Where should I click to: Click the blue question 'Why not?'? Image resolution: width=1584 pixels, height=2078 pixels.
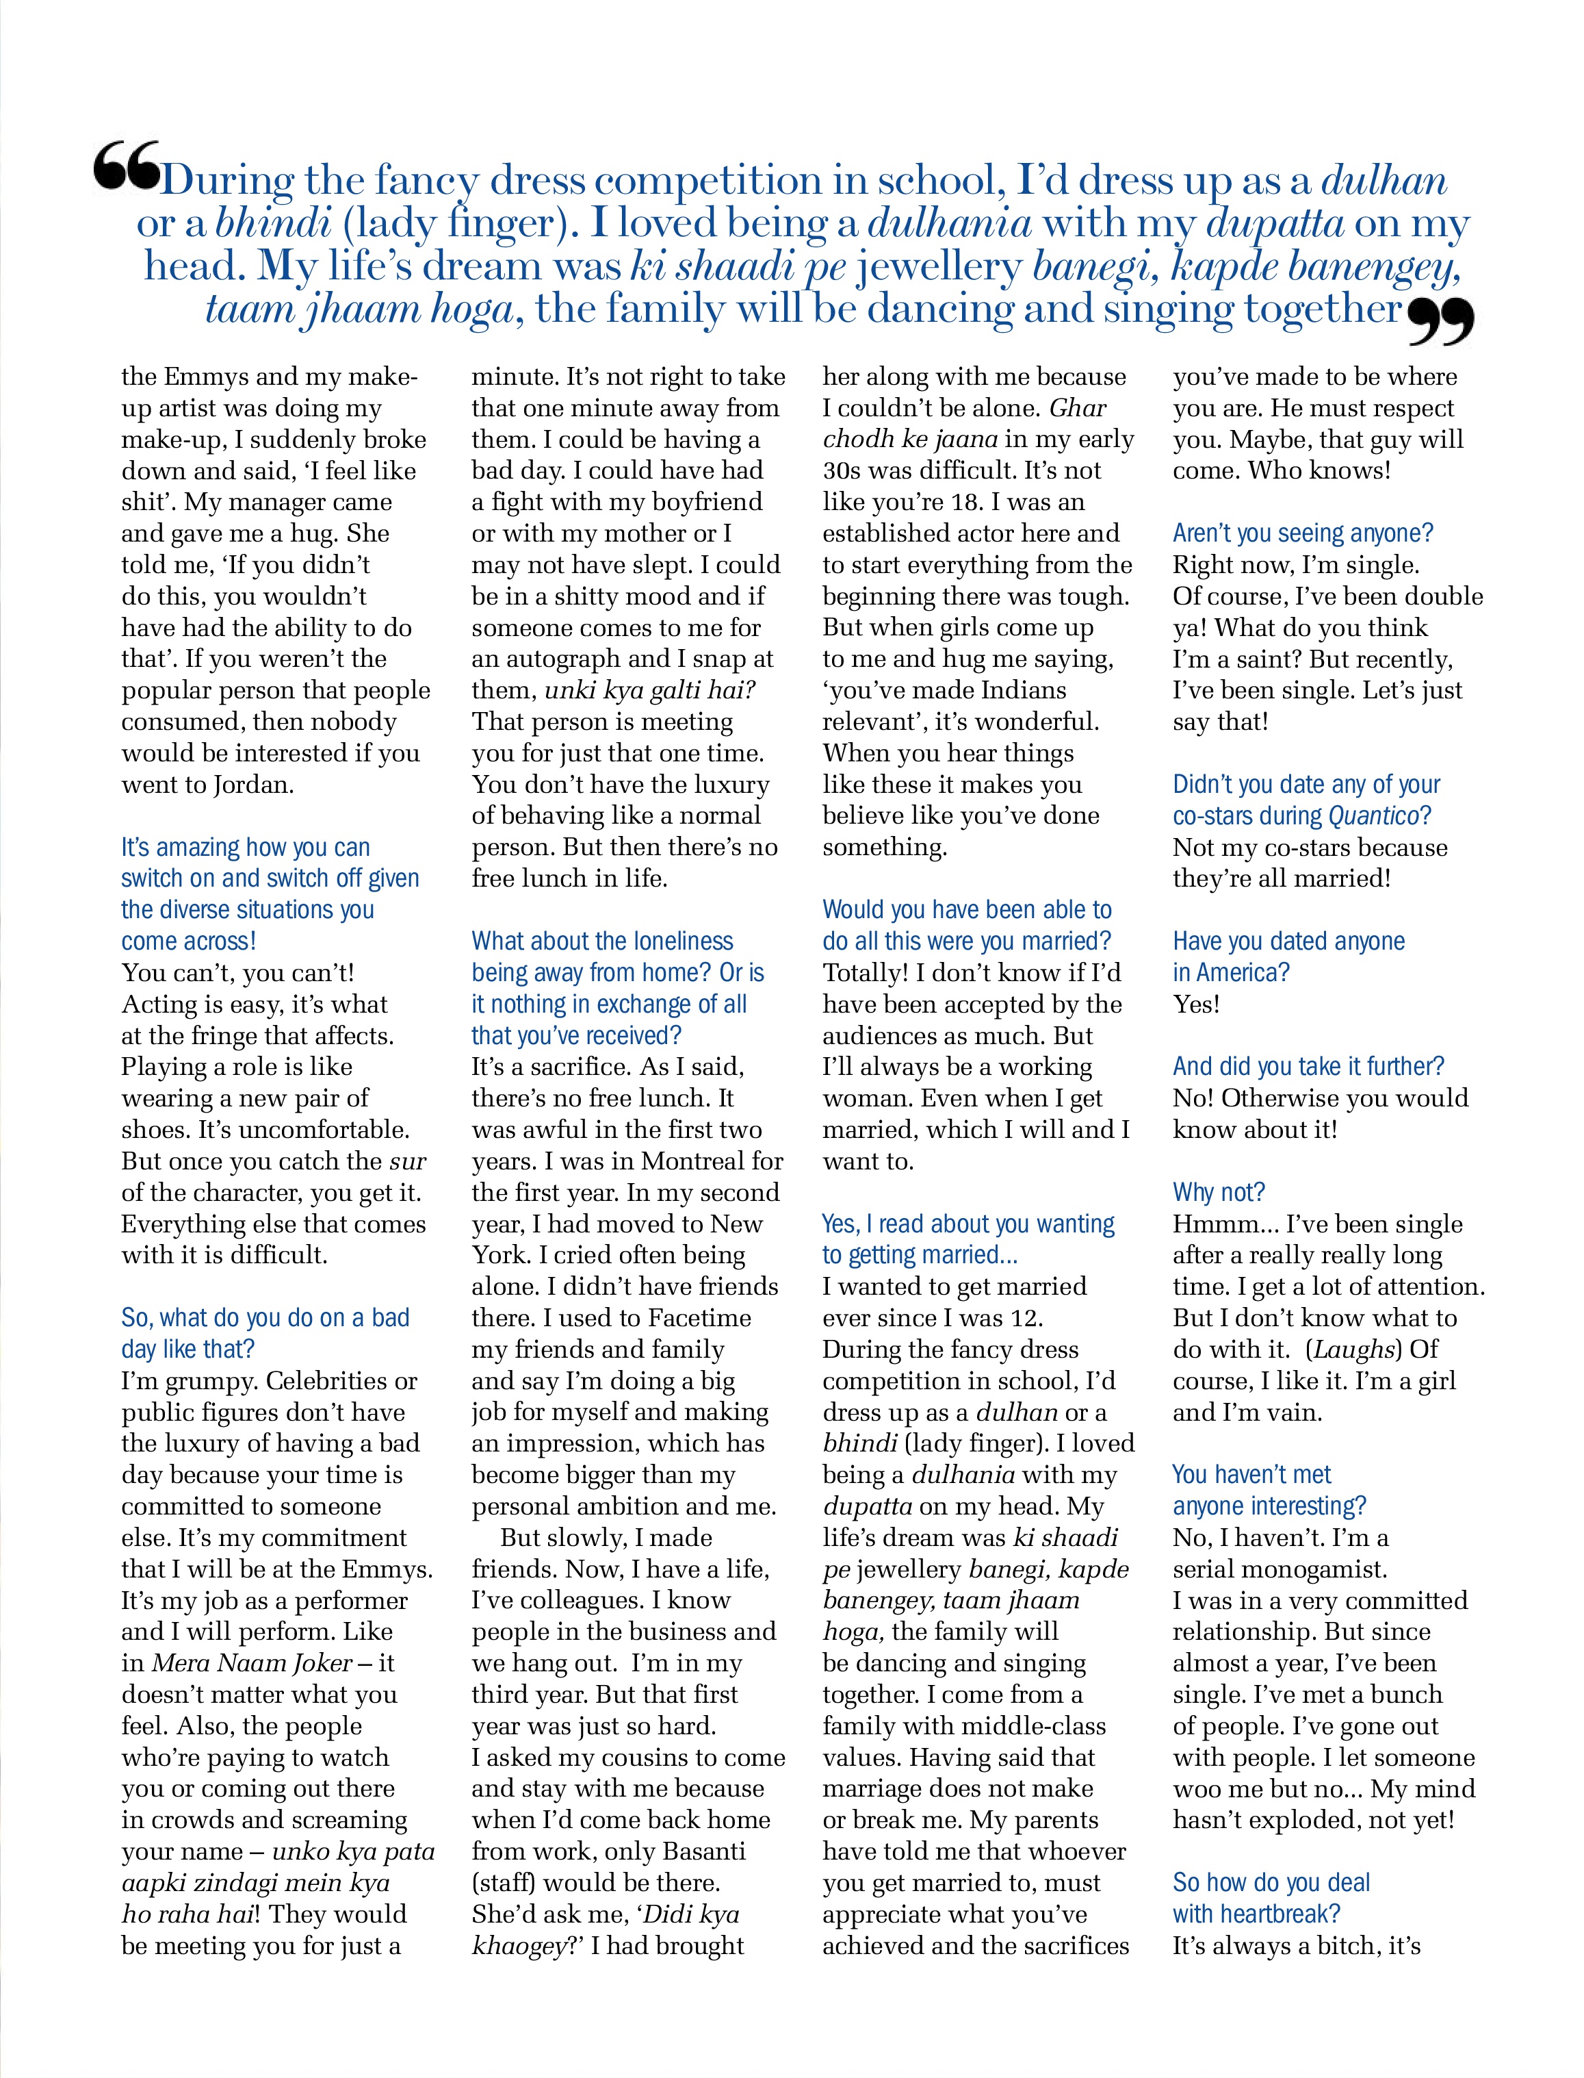click(x=1218, y=1192)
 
